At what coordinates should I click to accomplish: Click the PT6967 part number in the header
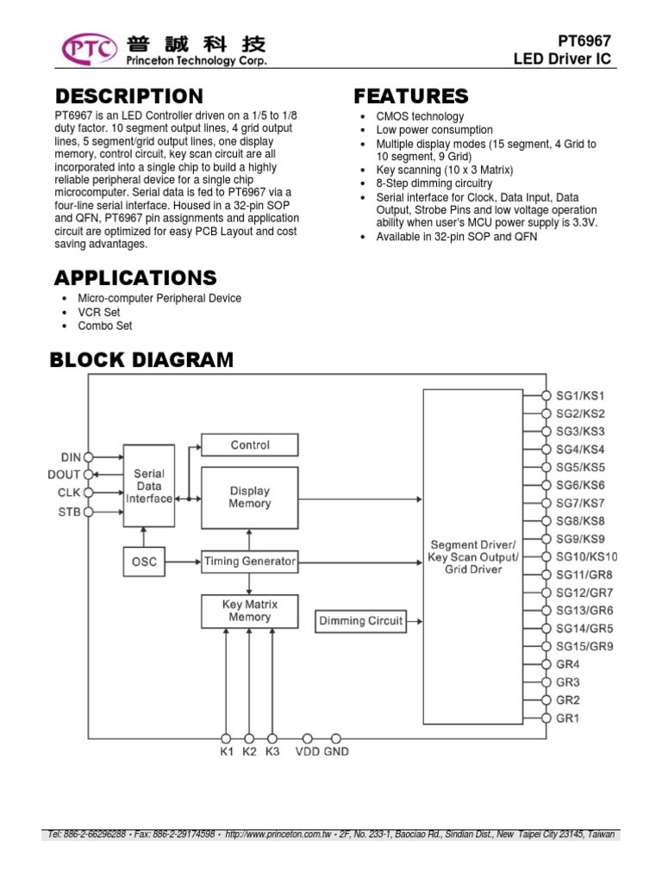587,40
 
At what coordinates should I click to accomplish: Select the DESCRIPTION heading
129,96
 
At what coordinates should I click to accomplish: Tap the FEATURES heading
411,96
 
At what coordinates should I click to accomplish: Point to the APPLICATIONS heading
135,277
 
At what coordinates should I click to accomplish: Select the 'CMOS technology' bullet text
420,116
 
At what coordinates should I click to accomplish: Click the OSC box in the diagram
145,562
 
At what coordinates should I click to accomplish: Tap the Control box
250,445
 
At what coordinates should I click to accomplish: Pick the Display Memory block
250,498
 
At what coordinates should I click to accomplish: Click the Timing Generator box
250,562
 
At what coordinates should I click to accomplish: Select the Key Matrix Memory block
250,611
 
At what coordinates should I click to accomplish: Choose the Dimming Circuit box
360,621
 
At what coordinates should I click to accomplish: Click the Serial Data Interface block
148,486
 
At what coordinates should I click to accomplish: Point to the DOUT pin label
64,475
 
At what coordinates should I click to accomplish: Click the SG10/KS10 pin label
586,557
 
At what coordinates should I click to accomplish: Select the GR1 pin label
568,718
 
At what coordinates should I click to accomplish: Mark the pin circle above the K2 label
249,738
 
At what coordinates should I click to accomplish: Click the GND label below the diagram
336,752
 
